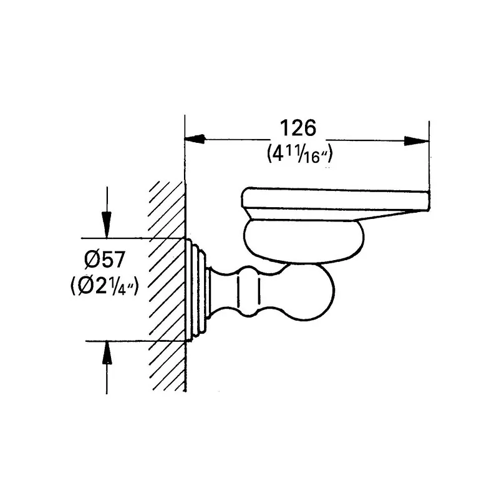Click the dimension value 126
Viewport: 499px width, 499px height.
click(x=298, y=128)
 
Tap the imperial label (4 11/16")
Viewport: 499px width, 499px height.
click(x=298, y=153)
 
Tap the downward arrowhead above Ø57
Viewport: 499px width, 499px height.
click(x=107, y=225)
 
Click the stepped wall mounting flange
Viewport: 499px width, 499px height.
click(x=197, y=289)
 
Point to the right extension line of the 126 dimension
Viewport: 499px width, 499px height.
click(x=429, y=156)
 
